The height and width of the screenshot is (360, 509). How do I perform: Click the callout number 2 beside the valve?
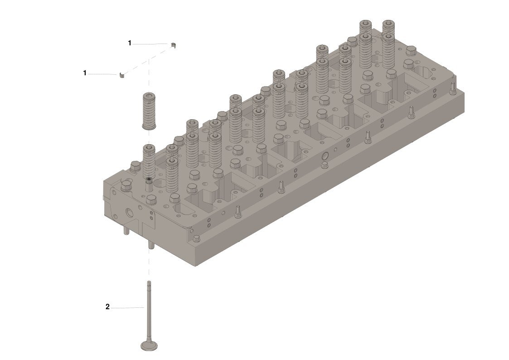pos(107,307)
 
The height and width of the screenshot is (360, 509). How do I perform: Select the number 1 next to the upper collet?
pos(130,43)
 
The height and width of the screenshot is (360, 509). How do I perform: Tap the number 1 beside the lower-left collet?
pos(85,73)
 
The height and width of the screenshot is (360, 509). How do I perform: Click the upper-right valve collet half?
pos(173,45)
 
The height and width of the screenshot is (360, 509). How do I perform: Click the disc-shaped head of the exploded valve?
pos(149,345)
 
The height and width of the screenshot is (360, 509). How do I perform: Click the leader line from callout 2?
pos(127,307)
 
